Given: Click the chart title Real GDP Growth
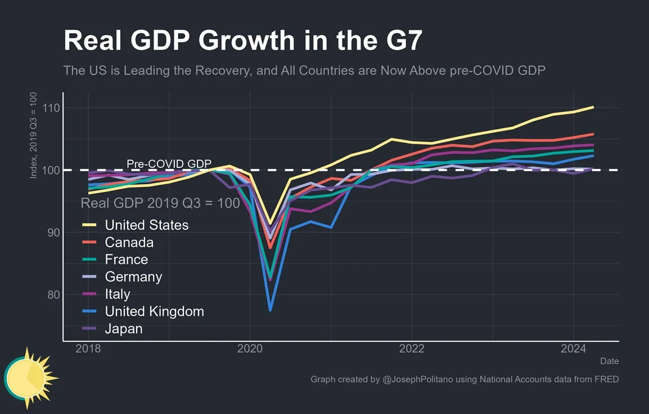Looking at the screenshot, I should [242, 40].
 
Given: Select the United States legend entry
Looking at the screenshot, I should [146, 225].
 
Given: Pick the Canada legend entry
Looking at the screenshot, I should [129, 243].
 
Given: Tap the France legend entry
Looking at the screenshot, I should [126, 260].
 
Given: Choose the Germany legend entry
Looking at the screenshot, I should [133, 277].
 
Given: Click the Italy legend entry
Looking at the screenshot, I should [117, 294].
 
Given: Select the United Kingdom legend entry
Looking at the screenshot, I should [154, 311].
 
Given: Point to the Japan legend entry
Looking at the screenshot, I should [123, 329].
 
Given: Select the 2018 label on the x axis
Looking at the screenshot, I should [88, 349].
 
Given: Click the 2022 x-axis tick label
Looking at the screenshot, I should [412, 349].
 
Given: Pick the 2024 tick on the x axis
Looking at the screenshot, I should [574, 349].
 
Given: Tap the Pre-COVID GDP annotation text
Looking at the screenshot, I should [169, 163].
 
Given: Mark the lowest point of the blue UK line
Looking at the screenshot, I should [271, 310].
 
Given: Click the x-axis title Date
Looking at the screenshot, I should [609, 361].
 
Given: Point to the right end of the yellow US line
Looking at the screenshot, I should [593, 107].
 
